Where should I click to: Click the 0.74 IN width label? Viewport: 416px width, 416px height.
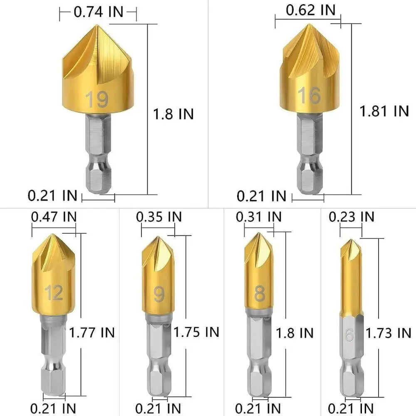pyautogui.click(x=99, y=12)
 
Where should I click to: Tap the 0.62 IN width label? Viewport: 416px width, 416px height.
pyautogui.click(x=311, y=10)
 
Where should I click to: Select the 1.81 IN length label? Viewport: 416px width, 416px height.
pyautogui.click(x=384, y=111)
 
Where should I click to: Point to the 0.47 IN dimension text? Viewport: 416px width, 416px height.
pyautogui.click(x=54, y=217)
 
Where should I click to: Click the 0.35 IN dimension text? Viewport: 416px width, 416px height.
pyautogui.click(x=159, y=217)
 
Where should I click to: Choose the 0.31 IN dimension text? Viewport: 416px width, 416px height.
pyautogui.click(x=259, y=217)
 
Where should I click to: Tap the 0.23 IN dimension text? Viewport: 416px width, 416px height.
pyautogui.click(x=352, y=217)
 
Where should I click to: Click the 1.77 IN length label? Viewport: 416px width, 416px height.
pyautogui.click(x=92, y=332)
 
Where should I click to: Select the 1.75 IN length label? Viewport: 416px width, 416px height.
pyautogui.click(x=196, y=332)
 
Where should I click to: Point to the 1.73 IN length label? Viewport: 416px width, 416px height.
pyautogui.click(x=389, y=333)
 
